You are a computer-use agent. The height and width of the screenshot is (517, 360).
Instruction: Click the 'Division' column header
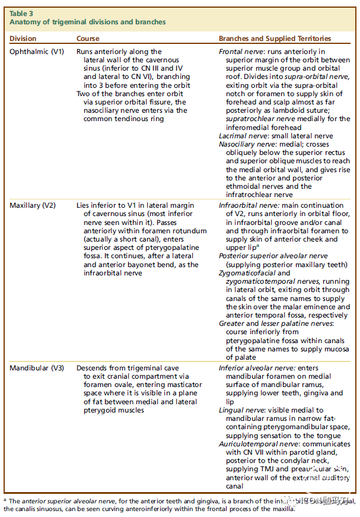click(x=23, y=39)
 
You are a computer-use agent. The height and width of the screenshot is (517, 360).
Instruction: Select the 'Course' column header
click(x=88, y=39)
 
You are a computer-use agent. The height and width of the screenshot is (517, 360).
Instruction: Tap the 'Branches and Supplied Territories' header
click(x=275, y=39)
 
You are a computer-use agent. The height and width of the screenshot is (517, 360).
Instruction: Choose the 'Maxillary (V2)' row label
click(x=33, y=205)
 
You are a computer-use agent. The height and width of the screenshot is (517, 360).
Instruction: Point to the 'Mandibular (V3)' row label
click(x=37, y=368)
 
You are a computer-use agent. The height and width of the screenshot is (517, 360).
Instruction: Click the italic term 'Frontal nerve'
click(x=238, y=52)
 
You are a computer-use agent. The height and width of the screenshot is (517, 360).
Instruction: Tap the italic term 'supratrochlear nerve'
click(x=252, y=119)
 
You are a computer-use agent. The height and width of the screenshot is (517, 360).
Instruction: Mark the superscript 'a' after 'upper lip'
click(x=257, y=245)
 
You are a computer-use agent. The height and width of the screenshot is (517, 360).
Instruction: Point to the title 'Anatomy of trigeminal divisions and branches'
click(x=87, y=22)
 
